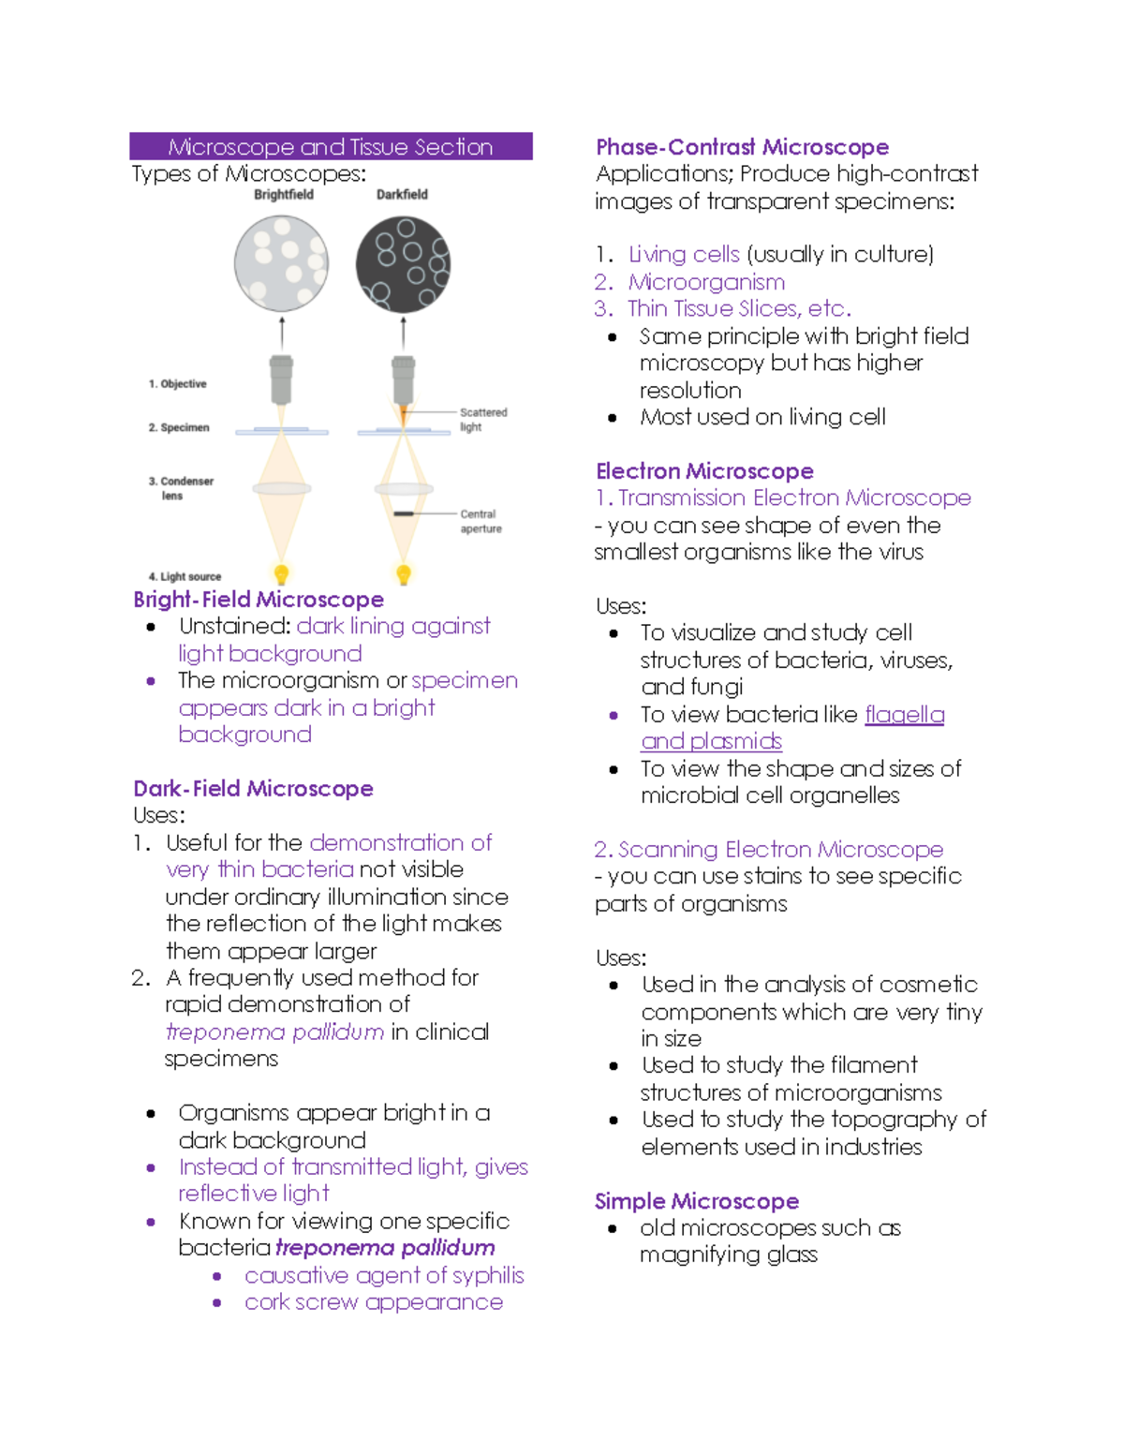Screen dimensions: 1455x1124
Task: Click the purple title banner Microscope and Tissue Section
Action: (331, 147)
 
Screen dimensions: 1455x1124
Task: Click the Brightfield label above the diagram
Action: (283, 195)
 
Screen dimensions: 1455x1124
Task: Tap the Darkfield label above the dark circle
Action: (402, 195)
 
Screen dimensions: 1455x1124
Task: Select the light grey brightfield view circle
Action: (281, 263)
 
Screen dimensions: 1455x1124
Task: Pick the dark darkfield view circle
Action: (403, 265)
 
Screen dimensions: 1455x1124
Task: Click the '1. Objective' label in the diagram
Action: (177, 384)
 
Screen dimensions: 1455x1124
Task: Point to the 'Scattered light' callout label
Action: (482, 420)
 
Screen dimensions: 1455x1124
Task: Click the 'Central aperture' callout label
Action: (480, 522)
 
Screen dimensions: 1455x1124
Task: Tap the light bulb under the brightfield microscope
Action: (281, 573)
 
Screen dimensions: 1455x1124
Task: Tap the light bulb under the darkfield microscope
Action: (404, 573)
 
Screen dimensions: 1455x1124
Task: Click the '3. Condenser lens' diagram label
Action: (180, 488)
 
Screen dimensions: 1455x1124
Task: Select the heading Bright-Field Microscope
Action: (259, 600)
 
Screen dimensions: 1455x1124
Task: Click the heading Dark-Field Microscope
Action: (253, 789)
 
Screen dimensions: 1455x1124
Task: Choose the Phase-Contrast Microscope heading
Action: (742, 147)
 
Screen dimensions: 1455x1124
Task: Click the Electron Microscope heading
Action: (704, 471)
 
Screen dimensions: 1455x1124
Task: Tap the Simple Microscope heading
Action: (697, 1201)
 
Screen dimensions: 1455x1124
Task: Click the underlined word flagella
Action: (904, 715)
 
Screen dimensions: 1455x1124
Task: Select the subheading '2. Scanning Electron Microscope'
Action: (768, 850)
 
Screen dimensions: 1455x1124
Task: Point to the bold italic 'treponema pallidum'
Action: (385, 1248)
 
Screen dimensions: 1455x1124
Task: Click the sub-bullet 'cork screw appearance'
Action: (373, 1302)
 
